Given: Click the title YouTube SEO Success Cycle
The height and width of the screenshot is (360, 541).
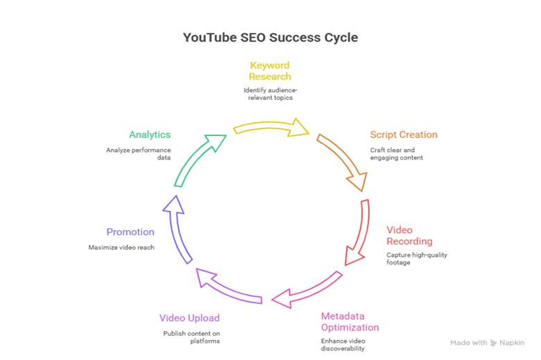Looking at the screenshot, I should [x=270, y=37].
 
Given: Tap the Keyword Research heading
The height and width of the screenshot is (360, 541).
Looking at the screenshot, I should [x=270, y=71].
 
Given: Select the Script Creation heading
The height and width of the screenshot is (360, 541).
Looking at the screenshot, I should [x=404, y=135].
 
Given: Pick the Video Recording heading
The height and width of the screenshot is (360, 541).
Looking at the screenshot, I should [x=409, y=235].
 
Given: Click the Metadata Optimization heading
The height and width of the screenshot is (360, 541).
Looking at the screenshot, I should [x=350, y=322].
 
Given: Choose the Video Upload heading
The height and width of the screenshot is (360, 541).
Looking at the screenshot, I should [x=189, y=318].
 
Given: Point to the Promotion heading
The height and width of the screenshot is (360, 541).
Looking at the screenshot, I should [x=130, y=232].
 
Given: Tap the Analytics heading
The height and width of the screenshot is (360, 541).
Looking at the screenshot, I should [x=149, y=135].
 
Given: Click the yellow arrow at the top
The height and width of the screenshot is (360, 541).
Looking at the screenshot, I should [x=271, y=127].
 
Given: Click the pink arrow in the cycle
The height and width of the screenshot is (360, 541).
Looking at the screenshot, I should [x=307, y=291].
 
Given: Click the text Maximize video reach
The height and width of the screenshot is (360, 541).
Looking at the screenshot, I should [x=121, y=248].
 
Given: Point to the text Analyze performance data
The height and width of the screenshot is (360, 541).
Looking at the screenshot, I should [x=138, y=154].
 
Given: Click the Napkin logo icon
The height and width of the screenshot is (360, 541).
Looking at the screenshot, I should [x=494, y=343].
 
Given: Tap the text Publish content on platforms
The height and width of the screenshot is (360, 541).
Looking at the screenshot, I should [x=191, y=337].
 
